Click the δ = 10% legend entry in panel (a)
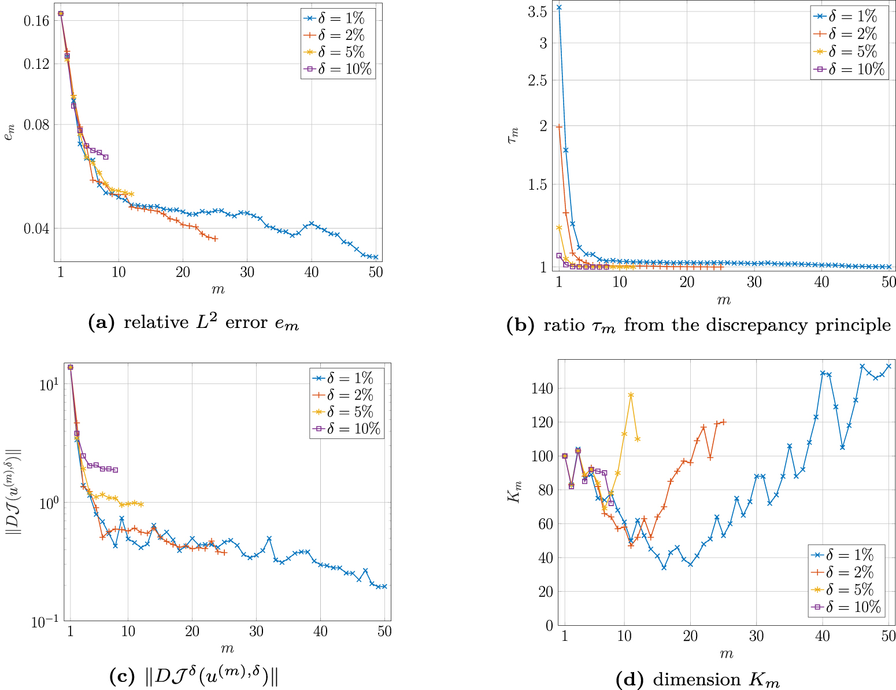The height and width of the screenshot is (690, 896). (338, 69)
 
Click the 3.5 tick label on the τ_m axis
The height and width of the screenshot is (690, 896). (537, 12)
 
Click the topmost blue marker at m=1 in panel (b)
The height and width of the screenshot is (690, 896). (559, 8)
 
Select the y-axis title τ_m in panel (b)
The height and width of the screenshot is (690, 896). (513, 135)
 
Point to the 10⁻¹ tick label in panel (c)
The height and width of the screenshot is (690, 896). (45, 622)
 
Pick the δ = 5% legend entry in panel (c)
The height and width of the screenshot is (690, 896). (347, 412)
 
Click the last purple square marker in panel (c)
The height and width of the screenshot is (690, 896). (115, 470)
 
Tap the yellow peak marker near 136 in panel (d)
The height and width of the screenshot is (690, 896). (631, 395)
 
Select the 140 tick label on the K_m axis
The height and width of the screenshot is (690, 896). (541, 388)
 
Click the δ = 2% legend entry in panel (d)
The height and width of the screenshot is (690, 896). (845, 572)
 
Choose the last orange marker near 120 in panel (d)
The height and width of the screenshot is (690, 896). (723, 422)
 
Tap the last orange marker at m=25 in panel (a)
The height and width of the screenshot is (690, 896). (215, 238)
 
